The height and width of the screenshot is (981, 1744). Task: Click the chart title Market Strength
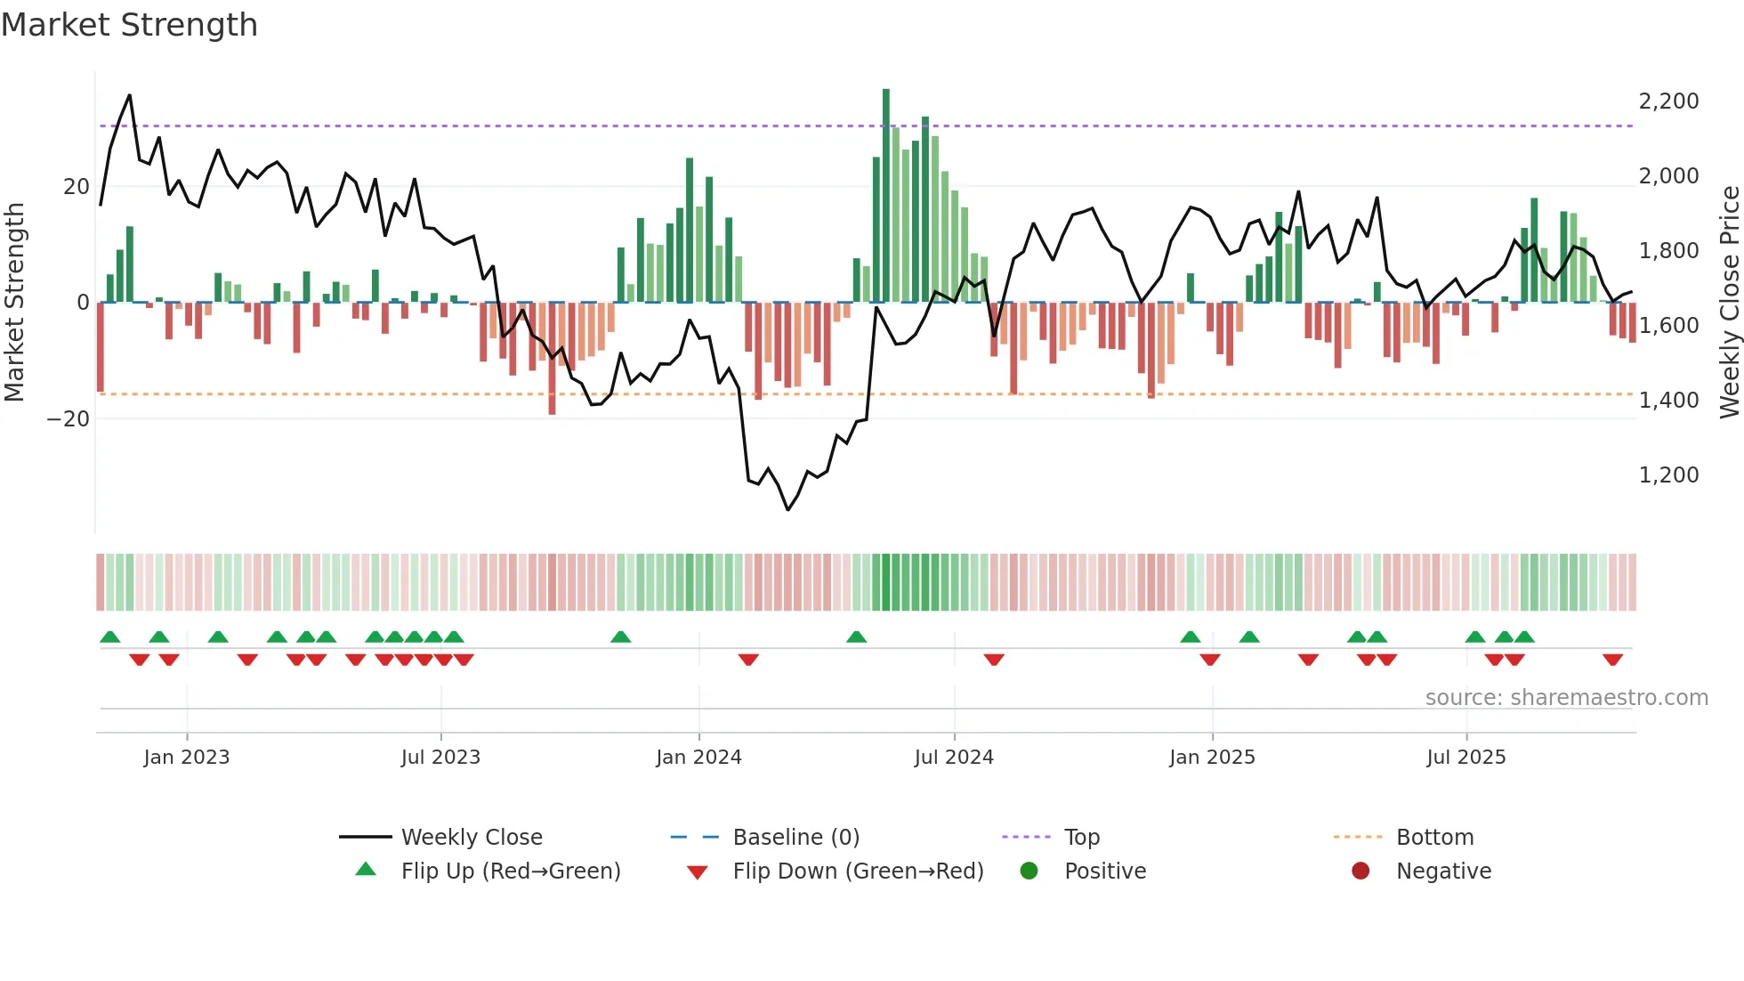click(129, 25)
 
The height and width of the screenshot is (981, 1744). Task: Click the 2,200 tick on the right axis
click(1668, 101)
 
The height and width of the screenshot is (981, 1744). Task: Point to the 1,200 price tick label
click(1668, 475)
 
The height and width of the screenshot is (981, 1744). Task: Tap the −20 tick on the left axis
click(68, 419)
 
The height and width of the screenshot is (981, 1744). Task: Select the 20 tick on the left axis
click(77, 187)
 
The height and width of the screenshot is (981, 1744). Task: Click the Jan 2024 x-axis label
click(698, 758)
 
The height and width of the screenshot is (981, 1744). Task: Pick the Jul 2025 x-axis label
click(1465, 758)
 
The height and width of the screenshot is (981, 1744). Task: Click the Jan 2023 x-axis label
click(187, 758)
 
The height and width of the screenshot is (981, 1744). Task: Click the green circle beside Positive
click(1029, 872)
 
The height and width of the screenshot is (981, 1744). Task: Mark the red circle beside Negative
click(1360, 872)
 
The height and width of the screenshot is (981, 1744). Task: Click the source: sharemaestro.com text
click(1566, 698)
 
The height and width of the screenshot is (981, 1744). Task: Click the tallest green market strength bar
click(886, 196)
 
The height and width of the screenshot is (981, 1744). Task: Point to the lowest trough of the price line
click(787, 509)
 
